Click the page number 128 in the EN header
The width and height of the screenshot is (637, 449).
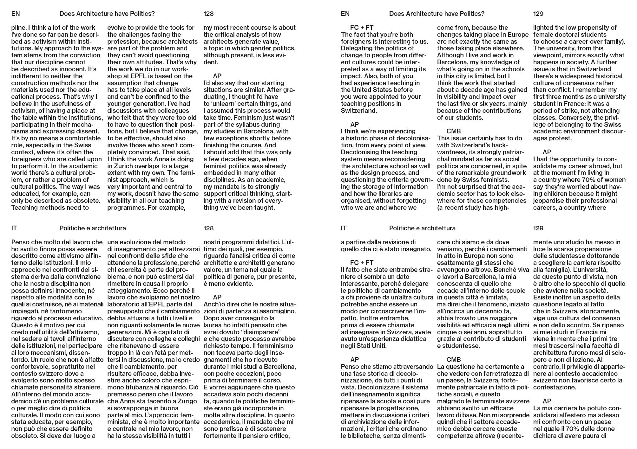pyautogui.click(x=208, y=14)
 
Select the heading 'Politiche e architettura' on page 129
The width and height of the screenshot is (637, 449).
pyautogui.click(x=422, y=228)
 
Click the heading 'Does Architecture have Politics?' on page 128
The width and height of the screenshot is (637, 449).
pyautogui.click(x=107, y=14)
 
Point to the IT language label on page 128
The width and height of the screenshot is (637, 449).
pyautogui.click(x=14, y=228)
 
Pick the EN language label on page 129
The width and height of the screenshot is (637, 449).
pyautogui.click(x=345, y=14)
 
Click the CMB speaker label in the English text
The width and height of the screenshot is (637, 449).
pyautogui.click(x=453, y=131)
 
